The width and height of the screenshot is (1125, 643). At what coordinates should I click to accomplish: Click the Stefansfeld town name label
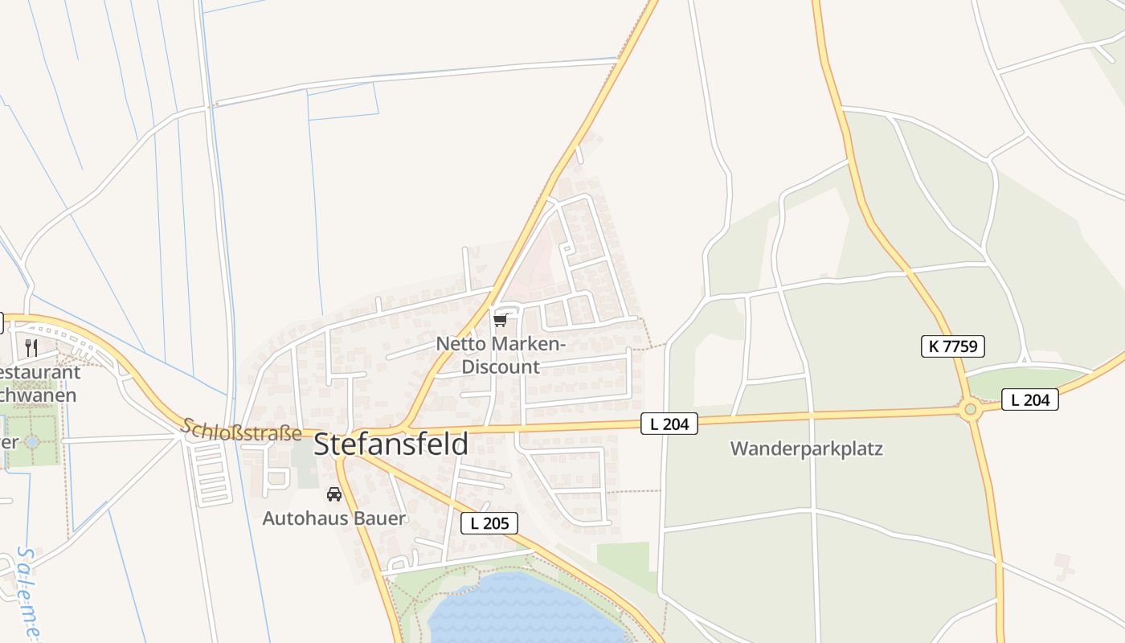(391, 444)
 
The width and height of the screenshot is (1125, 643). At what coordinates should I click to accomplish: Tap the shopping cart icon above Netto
(500, 321)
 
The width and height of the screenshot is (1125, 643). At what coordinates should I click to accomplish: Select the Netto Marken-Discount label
(500, 355)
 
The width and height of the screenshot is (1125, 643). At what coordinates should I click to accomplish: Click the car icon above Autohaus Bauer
(334, 494)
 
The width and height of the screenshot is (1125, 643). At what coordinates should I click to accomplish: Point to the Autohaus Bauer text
(334, 518)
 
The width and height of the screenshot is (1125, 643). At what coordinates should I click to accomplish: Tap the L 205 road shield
(489, 523)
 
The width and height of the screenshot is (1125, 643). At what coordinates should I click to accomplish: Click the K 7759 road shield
(952, 346)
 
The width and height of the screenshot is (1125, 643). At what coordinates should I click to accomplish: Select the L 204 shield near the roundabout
(1030, 399)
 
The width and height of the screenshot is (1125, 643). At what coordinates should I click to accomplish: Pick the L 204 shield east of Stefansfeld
(669, 424)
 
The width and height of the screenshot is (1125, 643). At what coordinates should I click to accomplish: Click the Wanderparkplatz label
(806, 448)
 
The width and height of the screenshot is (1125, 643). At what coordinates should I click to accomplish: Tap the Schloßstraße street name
(241, 430)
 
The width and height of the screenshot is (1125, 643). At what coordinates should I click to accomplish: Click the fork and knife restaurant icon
(31, 347)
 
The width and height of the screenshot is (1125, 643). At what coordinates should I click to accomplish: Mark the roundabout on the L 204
(970, 411)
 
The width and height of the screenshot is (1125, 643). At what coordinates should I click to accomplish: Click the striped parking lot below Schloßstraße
(209, 473)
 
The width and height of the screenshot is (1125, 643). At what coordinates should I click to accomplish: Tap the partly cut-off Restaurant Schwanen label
(39, 383)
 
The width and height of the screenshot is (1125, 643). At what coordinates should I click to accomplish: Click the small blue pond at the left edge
(31, 442)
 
